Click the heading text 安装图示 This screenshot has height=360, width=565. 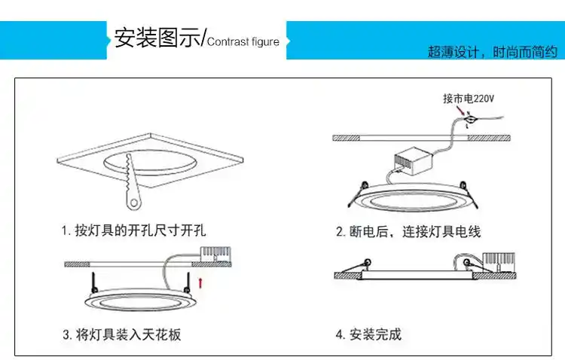coord(157,39)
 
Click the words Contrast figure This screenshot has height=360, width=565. coord(243,41)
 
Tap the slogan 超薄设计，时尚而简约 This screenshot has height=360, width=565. coord(492,52)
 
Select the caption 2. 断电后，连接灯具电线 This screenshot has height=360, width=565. coord(408,232)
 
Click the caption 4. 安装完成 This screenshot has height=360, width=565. coord(368,334)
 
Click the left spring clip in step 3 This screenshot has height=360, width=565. coord(93,282)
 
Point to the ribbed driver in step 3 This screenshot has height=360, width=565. coord(214,255)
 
